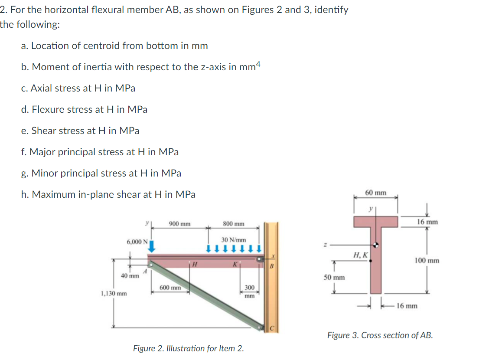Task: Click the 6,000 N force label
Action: tap(137, 242)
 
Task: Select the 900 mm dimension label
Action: tap(179, 224)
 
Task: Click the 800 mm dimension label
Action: tap(234, 224)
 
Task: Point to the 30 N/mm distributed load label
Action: tap(233, 239)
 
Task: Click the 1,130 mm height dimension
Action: tap(114, 293)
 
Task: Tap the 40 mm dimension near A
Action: tap(130, 276)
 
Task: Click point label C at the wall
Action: tap(272, 328)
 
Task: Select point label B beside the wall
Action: tap(272, 266)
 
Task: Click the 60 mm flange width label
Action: tap(375, 192)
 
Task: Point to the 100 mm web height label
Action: tap(427, 261)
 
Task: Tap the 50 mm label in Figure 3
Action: tap(334, 277)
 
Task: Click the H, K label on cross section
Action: tap(361, 255)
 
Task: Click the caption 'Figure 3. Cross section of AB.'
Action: tap(380, 335)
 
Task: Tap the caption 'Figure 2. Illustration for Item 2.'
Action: tap(188, 348)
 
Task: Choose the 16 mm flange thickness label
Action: tap(427, 222)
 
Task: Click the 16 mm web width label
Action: tap(407, 306)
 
